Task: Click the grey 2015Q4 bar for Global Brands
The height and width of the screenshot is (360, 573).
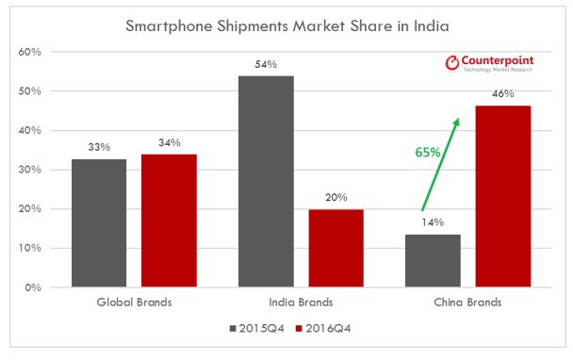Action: pos(99,223)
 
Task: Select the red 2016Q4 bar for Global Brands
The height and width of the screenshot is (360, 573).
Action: pos(170,221)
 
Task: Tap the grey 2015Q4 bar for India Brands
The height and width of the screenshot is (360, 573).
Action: pos(266,181)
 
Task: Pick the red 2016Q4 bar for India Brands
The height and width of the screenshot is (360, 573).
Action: pos(336,248)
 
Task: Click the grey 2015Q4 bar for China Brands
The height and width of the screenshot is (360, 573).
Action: pos(433,261)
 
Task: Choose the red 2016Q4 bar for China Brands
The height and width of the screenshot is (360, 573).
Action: pos(503,196)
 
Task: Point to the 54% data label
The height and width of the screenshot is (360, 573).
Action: pos(266,65)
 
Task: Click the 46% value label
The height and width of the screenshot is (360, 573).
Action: pos(503,94)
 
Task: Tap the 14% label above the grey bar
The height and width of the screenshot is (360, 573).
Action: pos(433,222)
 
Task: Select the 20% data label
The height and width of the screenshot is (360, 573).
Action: pos(336,197)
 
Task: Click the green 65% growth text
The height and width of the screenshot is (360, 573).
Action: pos(428,152)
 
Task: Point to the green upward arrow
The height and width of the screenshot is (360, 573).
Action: pos(440,165)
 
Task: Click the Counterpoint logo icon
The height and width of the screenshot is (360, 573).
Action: pos(452,63)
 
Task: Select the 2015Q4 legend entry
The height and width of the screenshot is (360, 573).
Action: pos(257,329)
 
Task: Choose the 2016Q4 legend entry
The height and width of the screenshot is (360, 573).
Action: pos(323,329)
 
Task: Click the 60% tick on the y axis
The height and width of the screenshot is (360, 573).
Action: pos(29,52)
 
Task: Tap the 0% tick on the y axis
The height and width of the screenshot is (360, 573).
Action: pos(33,287)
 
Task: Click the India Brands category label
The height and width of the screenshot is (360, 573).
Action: pos(302,303)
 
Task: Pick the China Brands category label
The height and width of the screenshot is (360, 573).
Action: pos(467,303)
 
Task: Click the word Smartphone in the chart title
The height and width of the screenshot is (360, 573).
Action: pos(169,26)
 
